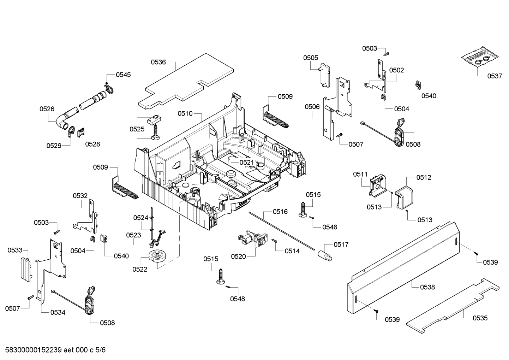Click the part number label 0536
click(x=158, y=62)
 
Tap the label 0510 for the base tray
click(x=185, y=113)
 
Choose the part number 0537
click(x=495, y=76)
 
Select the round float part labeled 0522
click(x=157, y=255)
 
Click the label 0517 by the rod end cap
click(x=341, y=244)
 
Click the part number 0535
click(x=480, y=318)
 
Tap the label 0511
click(x=360, y=174)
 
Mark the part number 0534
click(x=58, y=312)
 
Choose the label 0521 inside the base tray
click(x=247, y=162)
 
